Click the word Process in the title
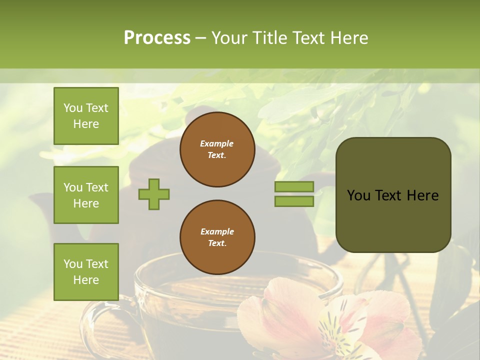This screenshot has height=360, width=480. (157, 38)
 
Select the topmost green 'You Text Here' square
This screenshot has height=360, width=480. (86, 116)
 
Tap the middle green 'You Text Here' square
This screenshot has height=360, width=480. (86, 195)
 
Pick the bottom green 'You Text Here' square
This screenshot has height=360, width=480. (86, 272)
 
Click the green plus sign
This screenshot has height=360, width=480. (154, 194)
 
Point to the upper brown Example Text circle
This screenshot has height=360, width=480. (217, 149)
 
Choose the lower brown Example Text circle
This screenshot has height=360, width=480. (217, 237)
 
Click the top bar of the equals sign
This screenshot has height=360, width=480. (294, 186)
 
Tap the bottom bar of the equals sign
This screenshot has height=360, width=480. (294, 201)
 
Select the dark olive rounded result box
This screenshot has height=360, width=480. (393, 195)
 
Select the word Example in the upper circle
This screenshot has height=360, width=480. (216, 143)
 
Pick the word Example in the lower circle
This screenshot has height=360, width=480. (217, 231)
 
